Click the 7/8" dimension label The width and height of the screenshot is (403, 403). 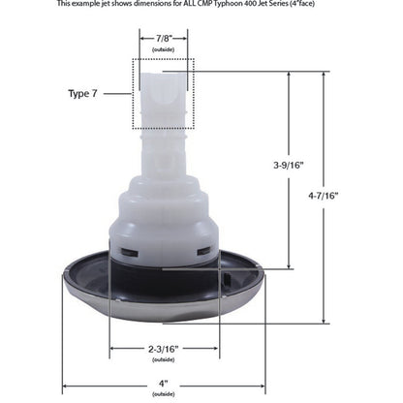tap(164, 38)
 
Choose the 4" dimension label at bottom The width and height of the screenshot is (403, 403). tap(164, 385)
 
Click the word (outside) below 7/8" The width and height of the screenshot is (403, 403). tap(164, 48)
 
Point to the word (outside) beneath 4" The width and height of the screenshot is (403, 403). tap(164, 394)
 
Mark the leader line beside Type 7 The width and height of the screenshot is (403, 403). tap(121, 93)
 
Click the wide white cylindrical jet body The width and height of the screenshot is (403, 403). tap(164, 232)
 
